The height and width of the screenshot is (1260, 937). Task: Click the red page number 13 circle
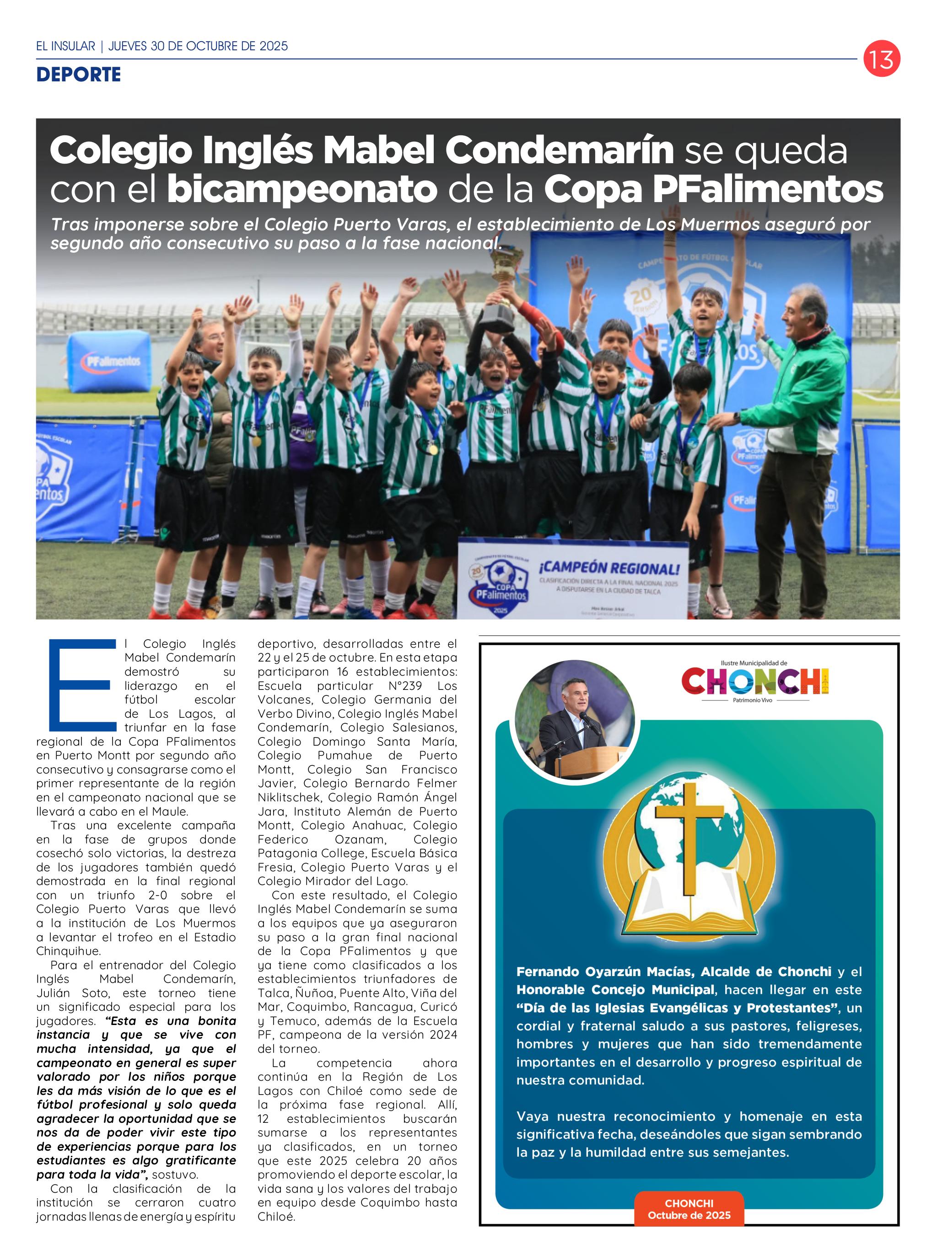pyautogui.click(x=882, y=59)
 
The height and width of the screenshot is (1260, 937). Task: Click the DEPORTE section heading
pyautogui.click(x=78, y=74)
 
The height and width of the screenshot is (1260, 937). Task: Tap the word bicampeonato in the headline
pyautogui.click(x=302, y=189)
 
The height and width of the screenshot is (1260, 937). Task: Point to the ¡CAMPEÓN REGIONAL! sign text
pyautogui.click(x=609, y=567)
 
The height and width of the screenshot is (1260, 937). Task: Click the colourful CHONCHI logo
pyautogui.click(x=755, y=681)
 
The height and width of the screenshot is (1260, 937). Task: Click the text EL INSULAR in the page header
pyautogui.click(x=66, y=46)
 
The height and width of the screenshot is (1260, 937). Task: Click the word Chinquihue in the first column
pyautogui.click(x=68, y=950)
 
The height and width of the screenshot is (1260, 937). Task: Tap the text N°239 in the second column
pyautogui.click(x=405, y=685)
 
